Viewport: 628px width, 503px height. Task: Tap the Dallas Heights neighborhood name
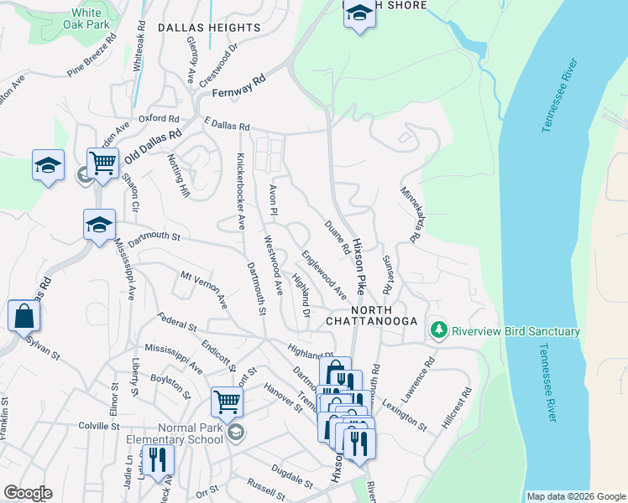209,28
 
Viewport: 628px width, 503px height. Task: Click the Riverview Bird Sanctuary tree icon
437,331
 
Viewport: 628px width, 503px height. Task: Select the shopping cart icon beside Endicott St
227,402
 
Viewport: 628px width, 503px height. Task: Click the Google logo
28,493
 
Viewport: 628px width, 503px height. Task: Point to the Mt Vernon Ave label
204,289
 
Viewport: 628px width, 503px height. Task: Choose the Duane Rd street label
337,236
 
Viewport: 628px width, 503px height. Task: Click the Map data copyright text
575,496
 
